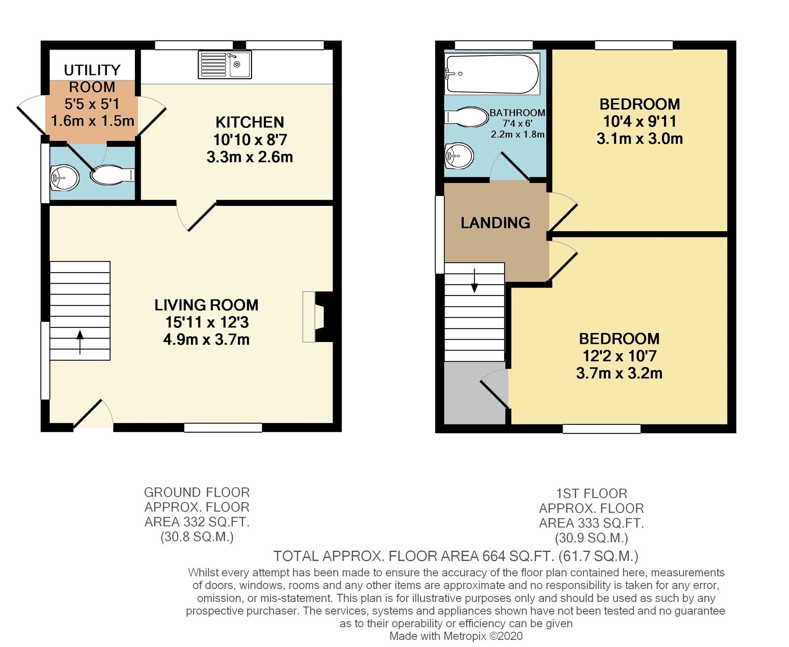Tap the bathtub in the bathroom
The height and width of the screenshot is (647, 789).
click(x=492, y=74)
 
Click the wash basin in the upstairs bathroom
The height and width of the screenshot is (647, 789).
click(x=459, y=156)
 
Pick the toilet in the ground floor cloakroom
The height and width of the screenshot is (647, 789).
click(x=112, y=175)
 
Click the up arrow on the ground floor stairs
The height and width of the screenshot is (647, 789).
click(x=80, y=342)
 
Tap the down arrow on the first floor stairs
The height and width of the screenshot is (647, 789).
click(x=475, y=281)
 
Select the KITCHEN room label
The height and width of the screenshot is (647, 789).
click(x=250, y=122)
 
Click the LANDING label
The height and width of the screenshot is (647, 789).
click(x=495, y=223)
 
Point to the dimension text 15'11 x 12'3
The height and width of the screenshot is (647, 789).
click(x=207, y=322)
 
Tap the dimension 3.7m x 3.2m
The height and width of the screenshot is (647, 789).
click(x=619, y=373)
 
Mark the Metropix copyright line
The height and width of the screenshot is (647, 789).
click(x=456, y=636)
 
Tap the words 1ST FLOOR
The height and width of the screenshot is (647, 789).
click(x=591, y=494)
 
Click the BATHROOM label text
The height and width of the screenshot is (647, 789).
click(x=517, y=113)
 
